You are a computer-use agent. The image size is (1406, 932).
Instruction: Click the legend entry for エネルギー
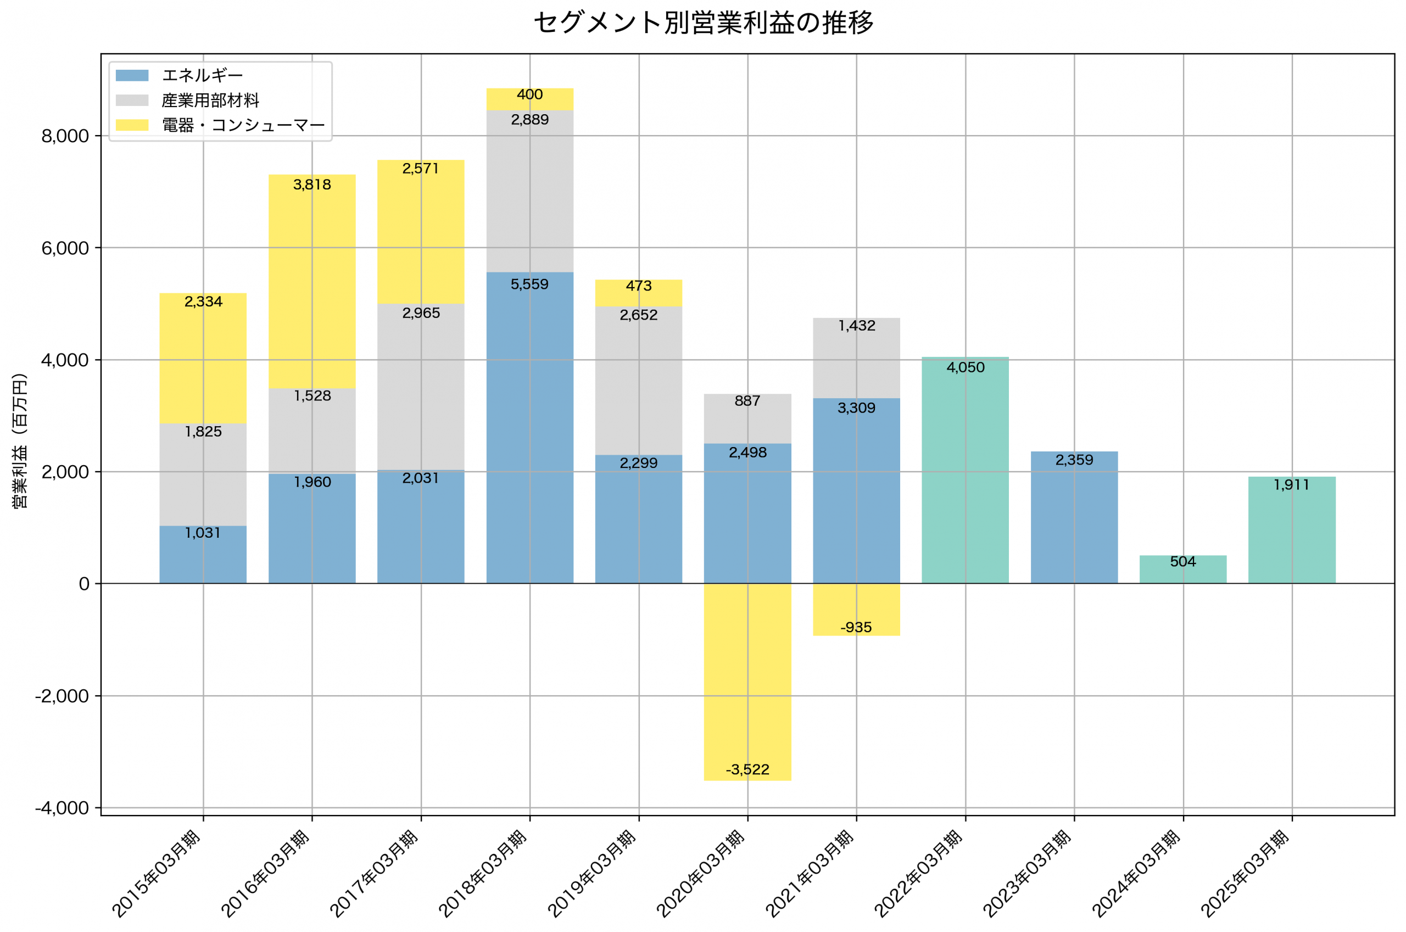(202, 75)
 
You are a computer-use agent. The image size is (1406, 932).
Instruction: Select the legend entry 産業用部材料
(210, 101)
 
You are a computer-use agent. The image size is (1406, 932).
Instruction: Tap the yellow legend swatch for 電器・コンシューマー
(132, 125)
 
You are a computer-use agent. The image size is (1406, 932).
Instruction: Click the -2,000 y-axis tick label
(63, 696)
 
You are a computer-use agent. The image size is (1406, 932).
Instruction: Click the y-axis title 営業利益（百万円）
(20, 440)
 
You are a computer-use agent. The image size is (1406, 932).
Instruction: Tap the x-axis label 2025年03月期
(1246, 874)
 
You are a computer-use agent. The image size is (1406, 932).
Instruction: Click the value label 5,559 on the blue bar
(529, 284)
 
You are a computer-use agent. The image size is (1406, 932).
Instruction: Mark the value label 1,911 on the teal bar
(1291, 485)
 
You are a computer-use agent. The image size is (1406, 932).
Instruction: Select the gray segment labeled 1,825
(203, 476)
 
